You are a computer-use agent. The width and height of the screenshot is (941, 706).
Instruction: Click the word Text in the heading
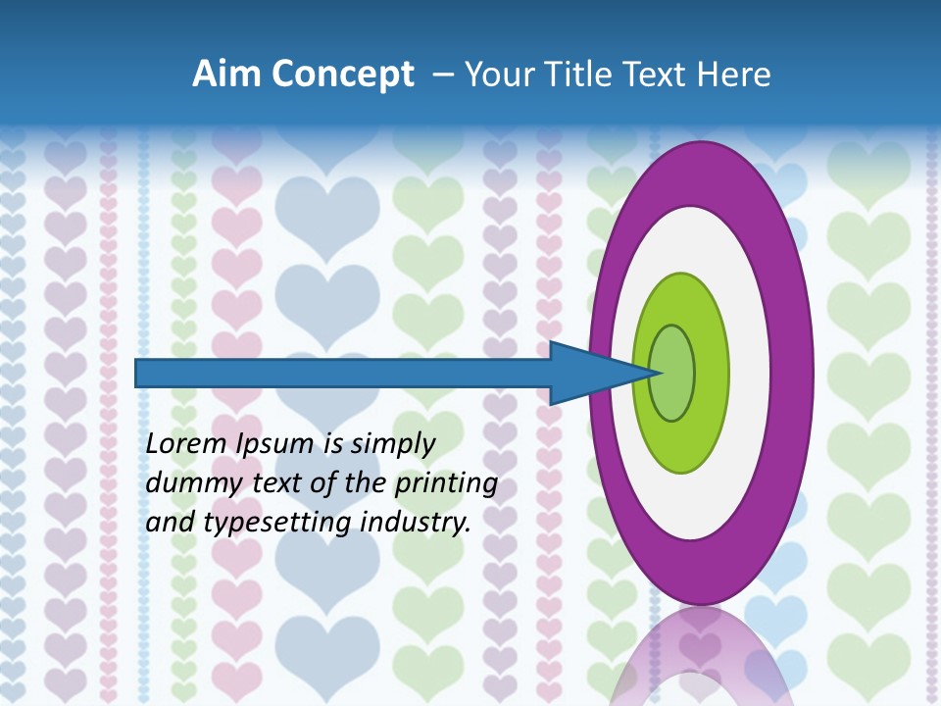tap(659, 75)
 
